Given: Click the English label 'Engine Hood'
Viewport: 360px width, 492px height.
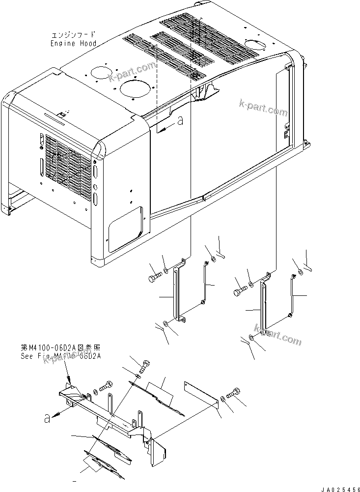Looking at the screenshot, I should click(73, 43).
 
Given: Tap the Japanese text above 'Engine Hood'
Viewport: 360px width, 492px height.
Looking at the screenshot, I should click(73, 35).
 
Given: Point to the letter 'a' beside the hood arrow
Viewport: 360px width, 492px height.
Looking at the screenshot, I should click(180, 120).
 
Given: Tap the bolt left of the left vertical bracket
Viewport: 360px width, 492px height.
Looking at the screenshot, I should click(153, 278).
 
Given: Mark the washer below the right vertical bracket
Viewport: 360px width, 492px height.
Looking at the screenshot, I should click(251, 338).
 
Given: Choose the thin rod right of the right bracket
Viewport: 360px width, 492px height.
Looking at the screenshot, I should click(293, 295).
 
